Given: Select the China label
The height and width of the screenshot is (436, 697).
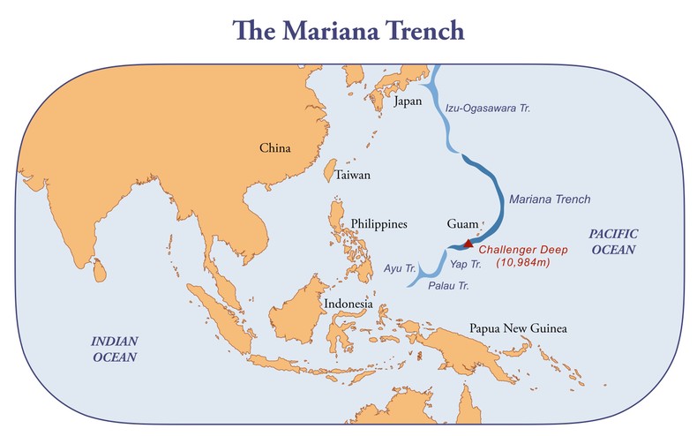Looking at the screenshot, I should pos(274,148).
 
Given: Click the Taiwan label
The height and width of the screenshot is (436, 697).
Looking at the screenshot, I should pos(352,176).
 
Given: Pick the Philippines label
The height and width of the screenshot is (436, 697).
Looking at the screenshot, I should pos(378,224).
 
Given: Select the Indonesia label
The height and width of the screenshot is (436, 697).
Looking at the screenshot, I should pos(348,304).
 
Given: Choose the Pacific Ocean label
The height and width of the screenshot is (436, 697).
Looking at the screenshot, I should pos(612,240).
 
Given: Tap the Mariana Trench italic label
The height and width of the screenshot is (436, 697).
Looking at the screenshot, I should pos(551,199).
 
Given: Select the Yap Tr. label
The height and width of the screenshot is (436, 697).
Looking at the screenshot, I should pos(466,263).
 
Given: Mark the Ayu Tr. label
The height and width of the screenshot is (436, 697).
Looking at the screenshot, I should pos(400,266).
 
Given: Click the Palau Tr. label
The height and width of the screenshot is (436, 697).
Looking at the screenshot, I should pos(446,286).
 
